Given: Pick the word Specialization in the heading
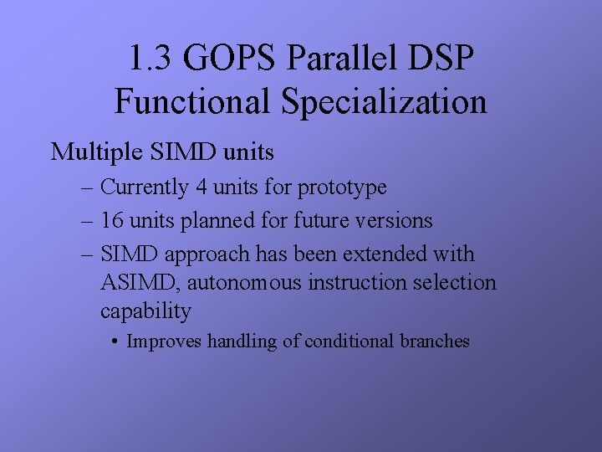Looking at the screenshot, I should coord(384,102).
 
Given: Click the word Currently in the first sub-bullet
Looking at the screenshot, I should coord(145,187).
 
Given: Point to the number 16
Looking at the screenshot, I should coord(111,221).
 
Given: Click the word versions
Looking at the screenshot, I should coord(393,221).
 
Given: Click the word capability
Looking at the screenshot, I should coord(145,311).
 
